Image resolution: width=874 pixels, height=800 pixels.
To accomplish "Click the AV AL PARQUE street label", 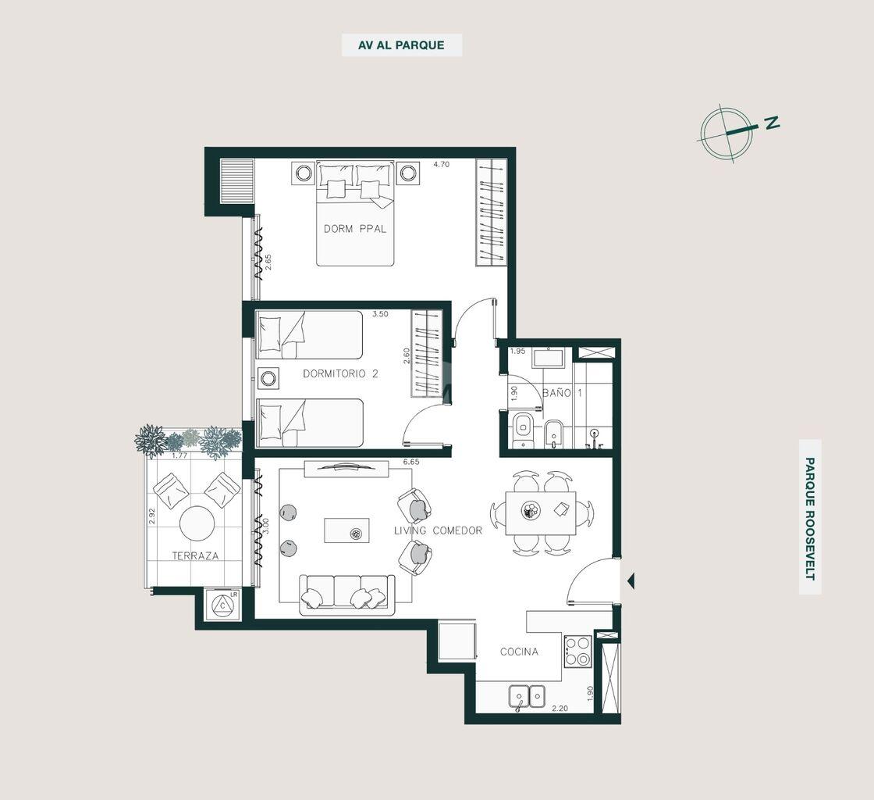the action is (401, 45).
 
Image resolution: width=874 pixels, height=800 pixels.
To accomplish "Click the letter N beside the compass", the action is (772, 123).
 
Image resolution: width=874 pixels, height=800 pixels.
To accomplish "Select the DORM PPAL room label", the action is (355, 229).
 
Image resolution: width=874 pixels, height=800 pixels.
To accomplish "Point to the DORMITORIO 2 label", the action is (340, 373).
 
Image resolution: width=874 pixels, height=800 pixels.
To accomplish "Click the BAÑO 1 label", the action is (563, 393).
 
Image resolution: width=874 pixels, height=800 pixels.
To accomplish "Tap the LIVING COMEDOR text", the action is (438, 530).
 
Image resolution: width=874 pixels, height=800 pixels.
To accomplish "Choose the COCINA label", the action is (519, 652).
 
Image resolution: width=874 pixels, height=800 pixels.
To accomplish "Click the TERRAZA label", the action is (195, 555).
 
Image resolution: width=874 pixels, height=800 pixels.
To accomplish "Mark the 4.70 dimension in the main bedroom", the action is (442, 165).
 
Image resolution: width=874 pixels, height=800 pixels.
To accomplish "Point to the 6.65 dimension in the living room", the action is (410, 462).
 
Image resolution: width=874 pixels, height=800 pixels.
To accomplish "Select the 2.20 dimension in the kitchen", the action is (560, 709).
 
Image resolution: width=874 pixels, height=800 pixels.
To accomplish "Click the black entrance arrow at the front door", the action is (631, 581).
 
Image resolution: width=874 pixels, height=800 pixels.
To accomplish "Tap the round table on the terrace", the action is (197, 523).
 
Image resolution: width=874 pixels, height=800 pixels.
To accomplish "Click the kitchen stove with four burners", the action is (577, 651).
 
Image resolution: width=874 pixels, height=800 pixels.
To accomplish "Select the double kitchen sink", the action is (527, 697).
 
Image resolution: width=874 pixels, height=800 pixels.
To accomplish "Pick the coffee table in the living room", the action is (346, 530).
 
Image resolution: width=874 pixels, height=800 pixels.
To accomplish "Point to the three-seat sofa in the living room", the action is (347, 595).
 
